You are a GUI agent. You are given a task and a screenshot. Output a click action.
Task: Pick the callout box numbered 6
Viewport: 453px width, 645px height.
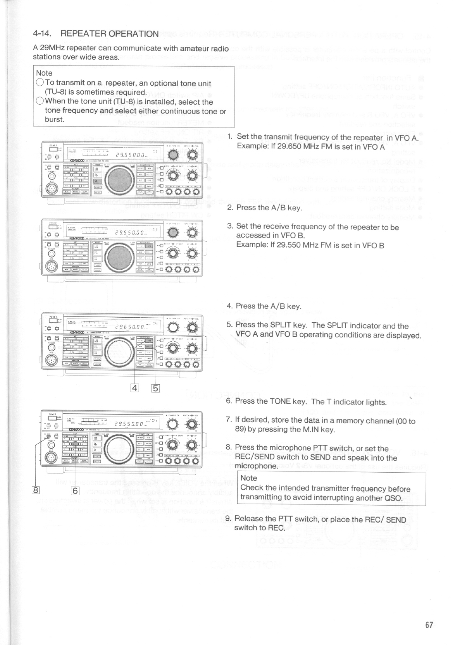point(75,490)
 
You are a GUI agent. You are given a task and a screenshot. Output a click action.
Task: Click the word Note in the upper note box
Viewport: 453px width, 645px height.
point(44,73)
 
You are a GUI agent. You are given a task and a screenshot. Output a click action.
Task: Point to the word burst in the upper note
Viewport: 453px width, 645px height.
point(54,119)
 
